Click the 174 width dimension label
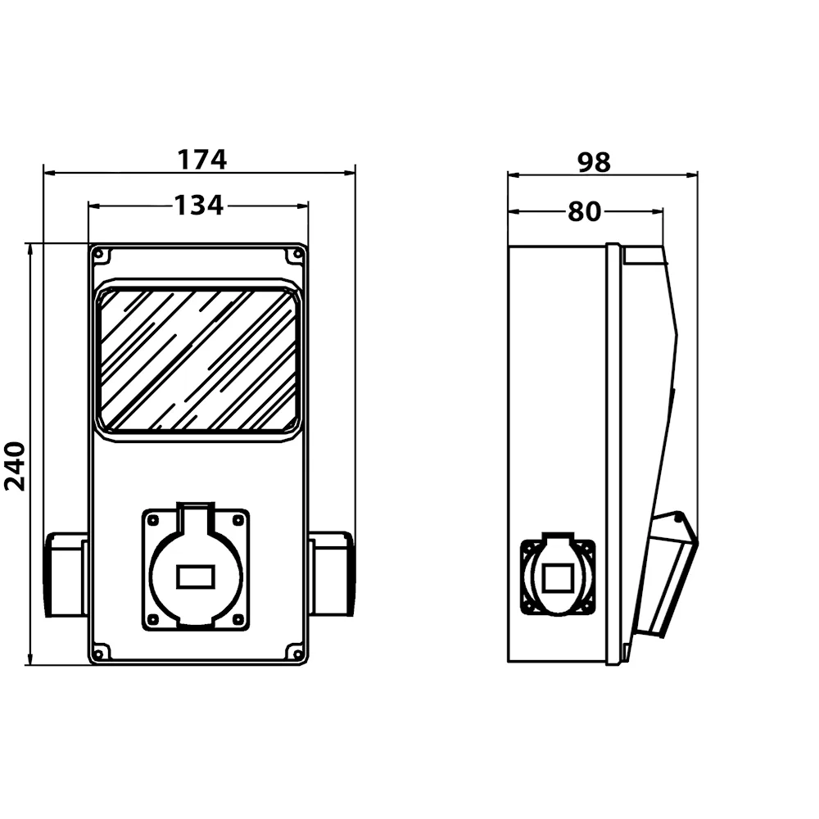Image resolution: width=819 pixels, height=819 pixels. pyautogui.click(x=202, y=160)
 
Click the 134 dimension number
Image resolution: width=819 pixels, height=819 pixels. pyautogui.click(x=198, y=206)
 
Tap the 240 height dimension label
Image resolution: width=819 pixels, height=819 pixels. pyautogui.click(x=15, y=466)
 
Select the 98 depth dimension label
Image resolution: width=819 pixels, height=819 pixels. pyautogui.click(x=594, y=162)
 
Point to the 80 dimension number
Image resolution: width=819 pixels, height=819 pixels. pyautogui.click(x=585, y=211)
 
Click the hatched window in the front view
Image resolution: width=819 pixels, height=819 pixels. pyautogui.click(x=198, y=360)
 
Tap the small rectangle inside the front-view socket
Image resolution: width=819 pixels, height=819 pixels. pyautogui.click(x=196, y=577)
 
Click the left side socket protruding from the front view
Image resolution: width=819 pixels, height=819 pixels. pyautogui.click(x=66, y=574)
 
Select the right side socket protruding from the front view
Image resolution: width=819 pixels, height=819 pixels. pyautogui.click(x=331, y=574)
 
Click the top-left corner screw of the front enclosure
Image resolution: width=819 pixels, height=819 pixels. pyautogui.click(x=98, y=255)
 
